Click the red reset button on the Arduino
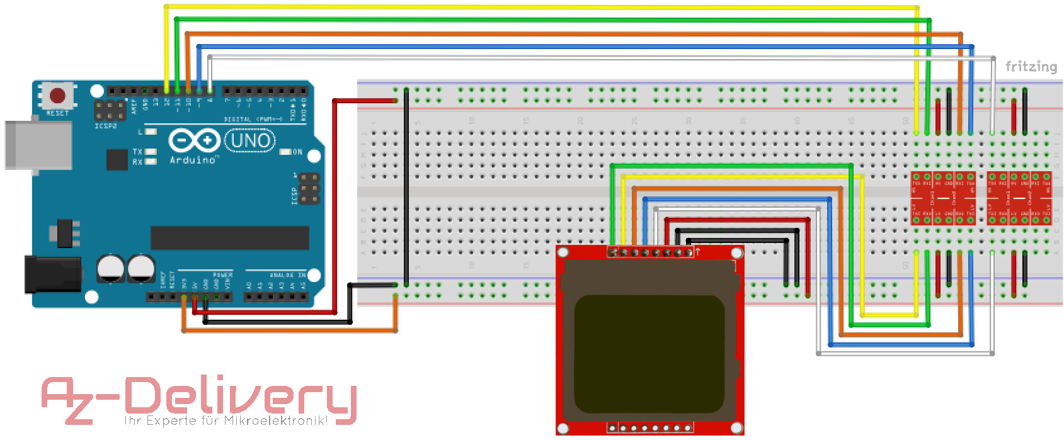(57, 96)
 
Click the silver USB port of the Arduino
(38, 145)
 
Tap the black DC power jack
(52, 274)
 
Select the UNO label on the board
(250, 140)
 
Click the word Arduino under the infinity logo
(193, 160)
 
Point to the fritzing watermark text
(1031, 66)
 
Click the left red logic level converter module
(943, 198)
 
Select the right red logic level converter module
(1019, 198)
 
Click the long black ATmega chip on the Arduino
(229, 238)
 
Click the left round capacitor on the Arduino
(111, 268)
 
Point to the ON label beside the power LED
(297, 152)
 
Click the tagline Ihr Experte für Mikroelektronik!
(226, 420)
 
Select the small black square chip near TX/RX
(117, 159)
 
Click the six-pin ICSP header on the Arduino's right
(309, 189)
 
